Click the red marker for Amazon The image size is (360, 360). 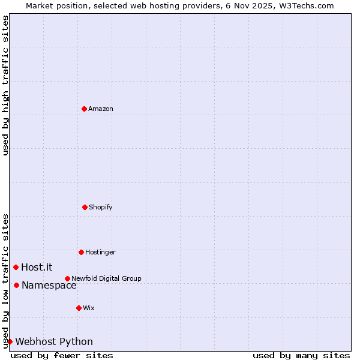click(84, 109)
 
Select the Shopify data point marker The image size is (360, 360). click(85, 207)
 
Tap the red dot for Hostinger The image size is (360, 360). click(81, 252)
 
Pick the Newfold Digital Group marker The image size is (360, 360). click(67, 278)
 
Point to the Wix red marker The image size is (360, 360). click(79, 308)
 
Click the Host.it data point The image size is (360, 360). click(16, 267)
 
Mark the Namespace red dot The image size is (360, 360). click(16, 285)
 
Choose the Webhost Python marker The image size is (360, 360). click(10, 341)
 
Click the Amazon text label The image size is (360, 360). click(101, 109)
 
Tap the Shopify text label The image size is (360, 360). click(101, 207)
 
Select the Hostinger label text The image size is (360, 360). click(100, 252)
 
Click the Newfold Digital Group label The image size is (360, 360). click(106, 278)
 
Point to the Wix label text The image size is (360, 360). click(89, 308)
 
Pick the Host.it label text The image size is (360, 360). click(37, 267)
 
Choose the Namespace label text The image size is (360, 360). click(49, 285)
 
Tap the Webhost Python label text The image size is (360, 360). click(54, 341)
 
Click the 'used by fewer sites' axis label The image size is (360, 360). click(62, 355)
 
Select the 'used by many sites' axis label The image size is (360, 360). click(301, 355)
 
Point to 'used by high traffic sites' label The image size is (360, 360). click(5, 85)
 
